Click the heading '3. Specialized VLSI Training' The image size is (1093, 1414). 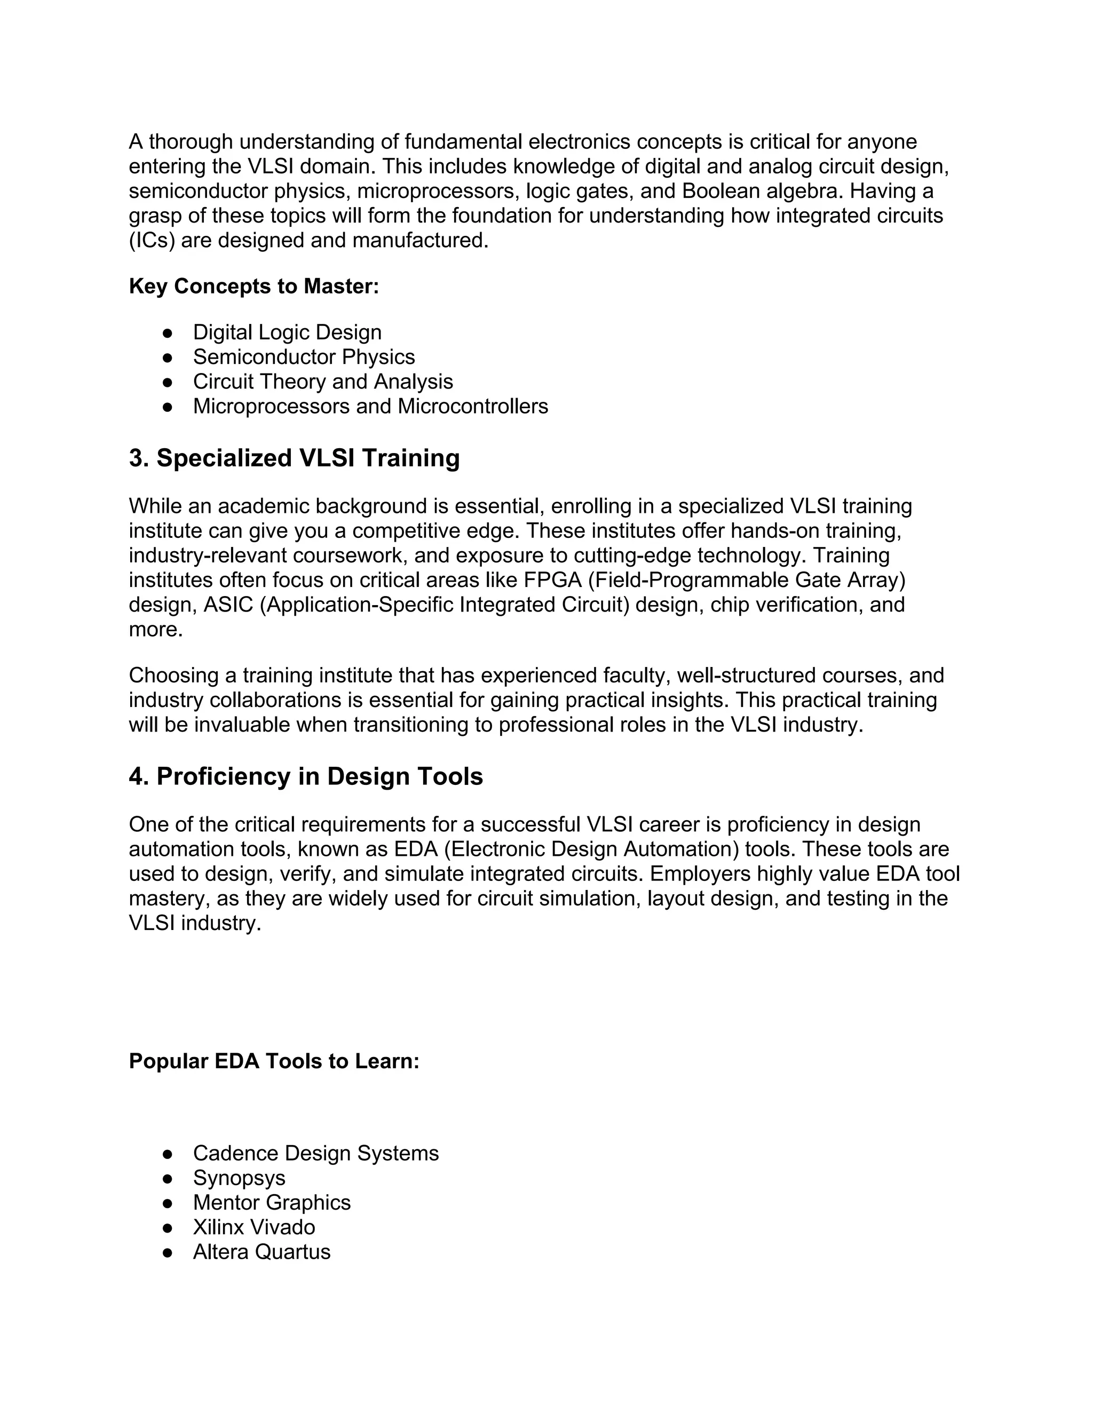[294, 458]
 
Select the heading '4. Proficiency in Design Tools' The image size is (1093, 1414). [306, 776]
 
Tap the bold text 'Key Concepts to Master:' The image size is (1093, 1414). [254, 286]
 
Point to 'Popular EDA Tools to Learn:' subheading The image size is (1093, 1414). [274, 1061]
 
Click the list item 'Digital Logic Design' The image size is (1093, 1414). [287, 333]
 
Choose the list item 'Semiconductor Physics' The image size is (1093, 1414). [304, 358]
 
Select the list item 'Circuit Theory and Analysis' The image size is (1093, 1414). [322, 382]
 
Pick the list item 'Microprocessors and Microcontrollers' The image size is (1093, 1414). [370, 407]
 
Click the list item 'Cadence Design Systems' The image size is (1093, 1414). [315, 1153]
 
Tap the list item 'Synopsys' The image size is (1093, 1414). [239, 1178]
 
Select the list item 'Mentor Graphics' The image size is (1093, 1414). [271, 1202]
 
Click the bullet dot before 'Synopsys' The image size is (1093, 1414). [168, 1178]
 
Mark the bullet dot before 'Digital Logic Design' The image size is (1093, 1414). [168, 333]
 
